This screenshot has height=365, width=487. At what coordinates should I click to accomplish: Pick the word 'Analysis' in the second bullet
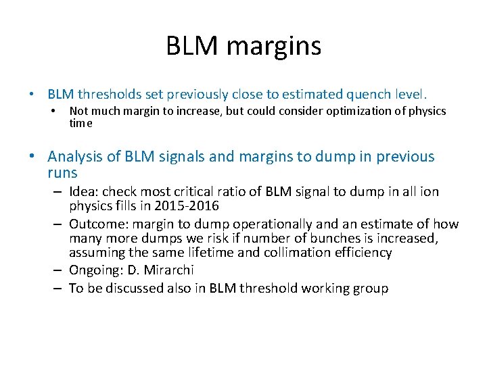tap(75, 157)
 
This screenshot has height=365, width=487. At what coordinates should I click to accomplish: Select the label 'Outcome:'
tap(99, 224)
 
